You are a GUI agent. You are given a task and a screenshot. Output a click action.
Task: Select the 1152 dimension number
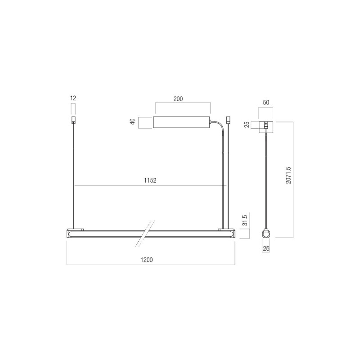click(x=150, y=181)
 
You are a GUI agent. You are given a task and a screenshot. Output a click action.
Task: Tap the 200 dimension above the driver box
click(x=178, y=99)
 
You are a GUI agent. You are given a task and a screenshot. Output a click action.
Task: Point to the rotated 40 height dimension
click(x=133, y=122)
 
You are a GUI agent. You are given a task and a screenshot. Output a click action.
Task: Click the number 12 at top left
click(x=73, y=98)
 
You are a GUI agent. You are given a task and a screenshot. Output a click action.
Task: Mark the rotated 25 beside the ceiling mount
click(x=247, y=125)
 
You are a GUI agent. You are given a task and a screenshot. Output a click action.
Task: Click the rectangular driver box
click(x=181, y=122)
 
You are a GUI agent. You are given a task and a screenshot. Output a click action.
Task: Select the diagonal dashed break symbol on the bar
click(x=145, y=233)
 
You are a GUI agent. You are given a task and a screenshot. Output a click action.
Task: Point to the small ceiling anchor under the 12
click(x=73, y=120)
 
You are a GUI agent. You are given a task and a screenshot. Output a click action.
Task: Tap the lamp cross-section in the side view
click(x=266, y=234)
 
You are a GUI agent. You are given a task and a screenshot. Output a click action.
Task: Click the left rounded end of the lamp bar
click(x=70, y=233)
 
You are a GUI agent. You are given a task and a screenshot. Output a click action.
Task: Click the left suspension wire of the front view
click(x=73, y=175)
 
